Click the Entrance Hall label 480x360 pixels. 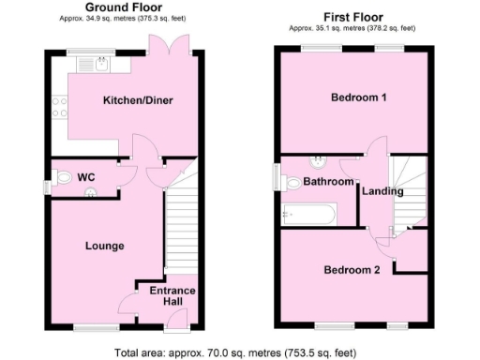tap(173, 297)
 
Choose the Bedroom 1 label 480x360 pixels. tap(354, 97)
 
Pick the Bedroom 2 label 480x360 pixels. tap(352, 270)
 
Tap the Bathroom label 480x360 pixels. tap(327, 182)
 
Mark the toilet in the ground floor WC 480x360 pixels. tap(64, 176)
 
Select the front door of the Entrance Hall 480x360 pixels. tap(173, 325)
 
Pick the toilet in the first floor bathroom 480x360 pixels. tap(318, 161)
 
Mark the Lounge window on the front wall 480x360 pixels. tap(91, 327)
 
